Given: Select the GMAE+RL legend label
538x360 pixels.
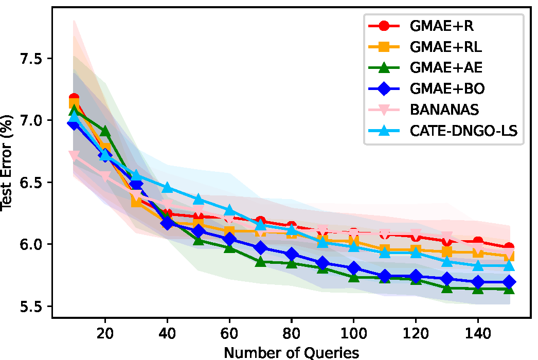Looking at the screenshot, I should click(x=445, y=46).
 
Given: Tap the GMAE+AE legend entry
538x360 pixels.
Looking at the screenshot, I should click(x=446, y=68).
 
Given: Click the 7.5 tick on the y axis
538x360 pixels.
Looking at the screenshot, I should click(x=31, y=58).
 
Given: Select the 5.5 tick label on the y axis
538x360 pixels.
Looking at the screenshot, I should click(x=31, y=307).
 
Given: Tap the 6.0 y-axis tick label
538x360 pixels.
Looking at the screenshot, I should click(x=31, y=244).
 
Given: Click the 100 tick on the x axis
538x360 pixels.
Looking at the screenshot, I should click(x=353, y=333).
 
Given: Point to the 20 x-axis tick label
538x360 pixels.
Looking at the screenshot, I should click(x=105, y=333).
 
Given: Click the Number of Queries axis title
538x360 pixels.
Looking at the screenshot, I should click(x=292, y=352).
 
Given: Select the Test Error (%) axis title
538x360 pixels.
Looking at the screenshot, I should click(x=7, y=170).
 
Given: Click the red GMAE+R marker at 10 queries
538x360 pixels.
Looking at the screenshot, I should click(x=74, y=98).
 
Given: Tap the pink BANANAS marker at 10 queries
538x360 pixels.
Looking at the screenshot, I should click(x=74, y=155).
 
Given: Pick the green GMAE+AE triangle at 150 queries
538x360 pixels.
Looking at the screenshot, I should click(x=509, y=290).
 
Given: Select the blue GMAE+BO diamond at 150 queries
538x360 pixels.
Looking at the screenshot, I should click(x=509, y=282).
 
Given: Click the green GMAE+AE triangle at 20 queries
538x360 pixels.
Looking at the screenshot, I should click(x=105, y=132).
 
